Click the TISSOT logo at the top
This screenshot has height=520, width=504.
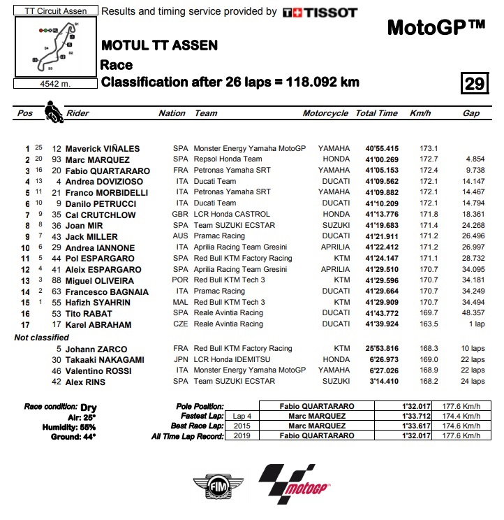pos(320,12)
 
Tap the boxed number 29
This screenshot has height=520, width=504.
pos(474,84)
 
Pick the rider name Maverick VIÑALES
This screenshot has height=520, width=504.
pos(103,149)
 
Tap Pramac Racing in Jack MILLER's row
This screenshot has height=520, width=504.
pos(220,236)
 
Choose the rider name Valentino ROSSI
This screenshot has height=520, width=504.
pos(103,370)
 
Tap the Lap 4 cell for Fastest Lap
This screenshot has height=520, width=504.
pos(242,415)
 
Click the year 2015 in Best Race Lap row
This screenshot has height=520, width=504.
pos(242,426)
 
